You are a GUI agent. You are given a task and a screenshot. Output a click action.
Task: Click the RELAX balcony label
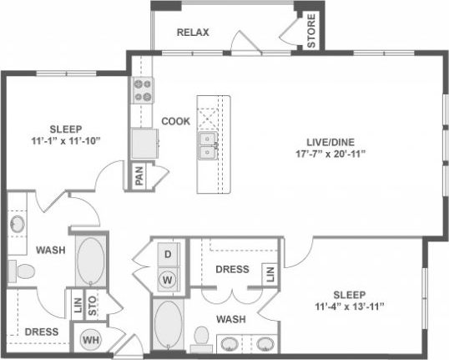[193, 33]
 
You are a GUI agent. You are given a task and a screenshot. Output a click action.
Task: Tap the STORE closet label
[310, 31]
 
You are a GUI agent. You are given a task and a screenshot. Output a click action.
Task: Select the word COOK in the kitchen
[176, 120]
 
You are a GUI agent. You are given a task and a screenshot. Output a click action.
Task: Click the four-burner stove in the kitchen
[144, 89]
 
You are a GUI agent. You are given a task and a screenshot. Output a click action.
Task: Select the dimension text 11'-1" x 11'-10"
[64, 141]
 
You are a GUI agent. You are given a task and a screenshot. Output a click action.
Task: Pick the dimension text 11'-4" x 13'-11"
[350, 307]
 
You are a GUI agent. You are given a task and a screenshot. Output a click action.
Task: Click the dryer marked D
[167, 253]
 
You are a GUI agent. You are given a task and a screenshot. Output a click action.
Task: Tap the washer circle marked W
[167, 279]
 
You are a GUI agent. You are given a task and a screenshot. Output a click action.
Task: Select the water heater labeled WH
[91, 341]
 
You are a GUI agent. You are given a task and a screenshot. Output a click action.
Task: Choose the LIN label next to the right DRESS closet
[269, 274]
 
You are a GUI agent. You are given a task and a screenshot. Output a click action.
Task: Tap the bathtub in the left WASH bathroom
[89, 261]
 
